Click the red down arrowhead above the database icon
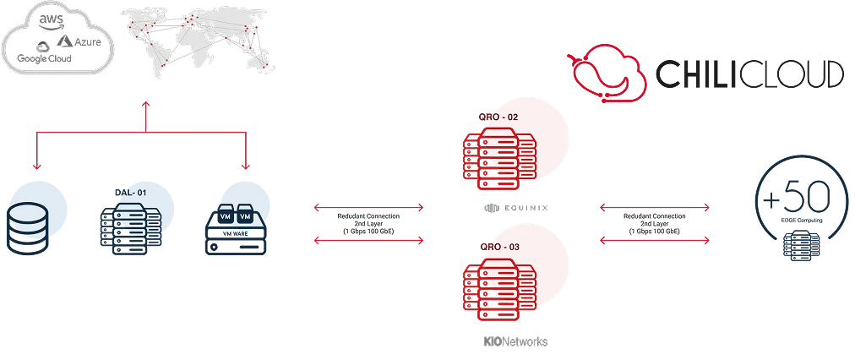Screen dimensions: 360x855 pos(35,166)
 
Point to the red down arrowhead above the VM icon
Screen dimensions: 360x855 pos(246,166)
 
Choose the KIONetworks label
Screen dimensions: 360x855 pos(514,341)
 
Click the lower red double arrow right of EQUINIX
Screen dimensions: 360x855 pos(653,241)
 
